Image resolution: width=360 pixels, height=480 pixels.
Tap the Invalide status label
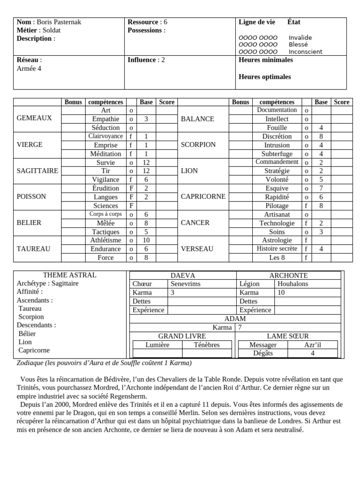pos(300,38)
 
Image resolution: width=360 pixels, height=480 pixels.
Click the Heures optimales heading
pos(264,77)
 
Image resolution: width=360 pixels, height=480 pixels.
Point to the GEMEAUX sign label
pos(34,119)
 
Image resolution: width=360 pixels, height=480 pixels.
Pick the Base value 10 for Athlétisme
pos(146,240)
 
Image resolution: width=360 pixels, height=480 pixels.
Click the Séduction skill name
pos(105,127)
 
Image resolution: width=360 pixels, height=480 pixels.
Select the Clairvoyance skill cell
pos(105,136)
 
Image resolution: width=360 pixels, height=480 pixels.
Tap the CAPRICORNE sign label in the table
pos(203,197)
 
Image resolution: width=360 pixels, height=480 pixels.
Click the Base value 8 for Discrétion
pos(321,136)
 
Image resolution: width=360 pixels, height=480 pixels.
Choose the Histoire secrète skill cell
pos(277,249)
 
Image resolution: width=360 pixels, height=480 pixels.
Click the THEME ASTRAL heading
pos(69,275)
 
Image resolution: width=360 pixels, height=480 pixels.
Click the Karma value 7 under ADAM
pos(240,328)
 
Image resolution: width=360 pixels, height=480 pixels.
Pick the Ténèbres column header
pos(206,345)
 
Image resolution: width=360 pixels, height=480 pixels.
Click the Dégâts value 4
pos(312,353)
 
